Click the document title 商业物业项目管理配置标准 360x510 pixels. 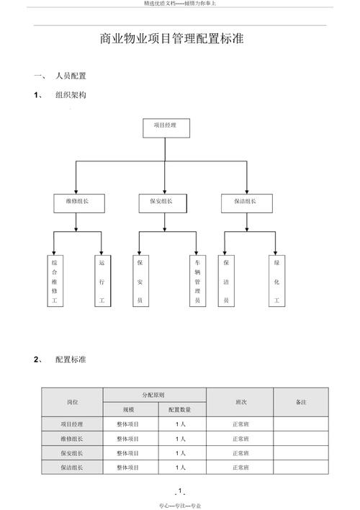172,40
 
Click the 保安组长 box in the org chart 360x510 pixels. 165,202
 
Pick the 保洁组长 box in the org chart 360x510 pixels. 247,202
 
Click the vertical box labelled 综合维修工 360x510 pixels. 54,281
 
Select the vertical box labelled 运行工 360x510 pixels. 102,281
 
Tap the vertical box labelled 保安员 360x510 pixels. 140,281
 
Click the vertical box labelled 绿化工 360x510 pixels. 276,281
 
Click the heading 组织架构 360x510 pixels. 71,94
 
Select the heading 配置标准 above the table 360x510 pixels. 71,359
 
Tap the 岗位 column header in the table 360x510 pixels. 72,402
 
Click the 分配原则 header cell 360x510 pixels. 154,395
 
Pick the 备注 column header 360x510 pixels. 300,402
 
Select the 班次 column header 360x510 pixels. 240,402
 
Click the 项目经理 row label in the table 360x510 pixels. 72,424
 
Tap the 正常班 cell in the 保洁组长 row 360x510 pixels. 240,467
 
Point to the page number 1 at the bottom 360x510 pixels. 179,491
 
